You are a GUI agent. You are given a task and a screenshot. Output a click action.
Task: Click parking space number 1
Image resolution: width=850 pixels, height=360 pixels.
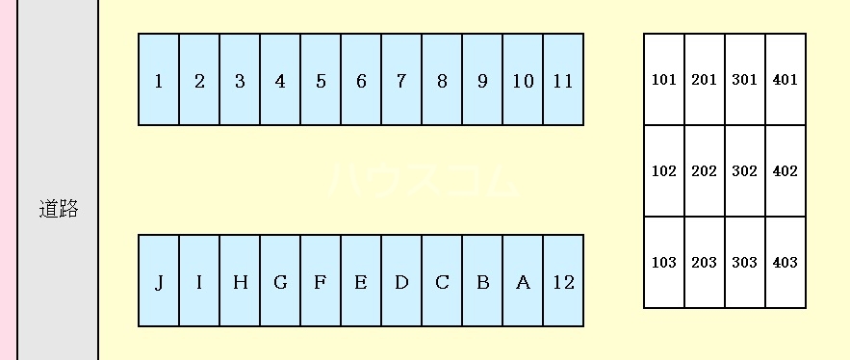pos(159,80)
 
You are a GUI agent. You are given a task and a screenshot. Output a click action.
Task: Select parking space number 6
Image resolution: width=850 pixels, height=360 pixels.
pos(361,80)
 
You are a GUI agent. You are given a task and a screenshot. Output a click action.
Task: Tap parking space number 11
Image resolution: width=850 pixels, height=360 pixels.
pos(563,80)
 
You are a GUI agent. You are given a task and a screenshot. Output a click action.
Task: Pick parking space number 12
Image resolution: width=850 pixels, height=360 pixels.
pos(563,281)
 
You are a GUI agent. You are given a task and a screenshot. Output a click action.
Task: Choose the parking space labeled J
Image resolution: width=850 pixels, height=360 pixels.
pos(159,281)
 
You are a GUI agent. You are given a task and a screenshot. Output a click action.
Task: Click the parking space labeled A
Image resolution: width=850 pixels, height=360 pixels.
pos(523,281)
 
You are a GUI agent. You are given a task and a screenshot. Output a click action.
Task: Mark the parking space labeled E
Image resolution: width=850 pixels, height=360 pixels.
pos(361,281)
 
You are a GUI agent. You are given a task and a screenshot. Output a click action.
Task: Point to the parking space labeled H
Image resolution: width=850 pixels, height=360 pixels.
pos(240,281)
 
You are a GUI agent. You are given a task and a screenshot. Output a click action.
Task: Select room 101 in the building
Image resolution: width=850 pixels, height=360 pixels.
pos(664,80)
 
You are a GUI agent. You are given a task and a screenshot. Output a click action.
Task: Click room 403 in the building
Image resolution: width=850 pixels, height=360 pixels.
pos(786,263)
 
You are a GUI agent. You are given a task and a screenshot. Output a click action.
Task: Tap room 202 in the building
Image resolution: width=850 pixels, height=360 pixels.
pos(705,171)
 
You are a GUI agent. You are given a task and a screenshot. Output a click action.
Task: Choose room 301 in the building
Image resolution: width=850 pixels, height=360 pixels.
pos(745,80)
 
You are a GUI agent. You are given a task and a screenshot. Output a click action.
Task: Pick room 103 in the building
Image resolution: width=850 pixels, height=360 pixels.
pos(664,263)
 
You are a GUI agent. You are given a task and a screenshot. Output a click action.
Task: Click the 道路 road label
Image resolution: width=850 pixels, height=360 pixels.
pos(58,209)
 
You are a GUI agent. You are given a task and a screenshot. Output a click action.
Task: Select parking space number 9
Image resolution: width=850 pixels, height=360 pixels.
pos(482,80)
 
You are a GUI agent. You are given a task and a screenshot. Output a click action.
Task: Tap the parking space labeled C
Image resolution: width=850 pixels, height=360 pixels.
pos(442,281)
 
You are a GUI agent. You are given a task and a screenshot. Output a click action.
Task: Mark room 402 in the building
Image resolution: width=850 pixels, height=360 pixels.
pos(786,171)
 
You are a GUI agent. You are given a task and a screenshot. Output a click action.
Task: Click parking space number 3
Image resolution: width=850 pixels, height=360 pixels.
pos(240,80)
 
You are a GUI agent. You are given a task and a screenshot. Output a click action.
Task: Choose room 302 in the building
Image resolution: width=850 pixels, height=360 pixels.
pos(745,171)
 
